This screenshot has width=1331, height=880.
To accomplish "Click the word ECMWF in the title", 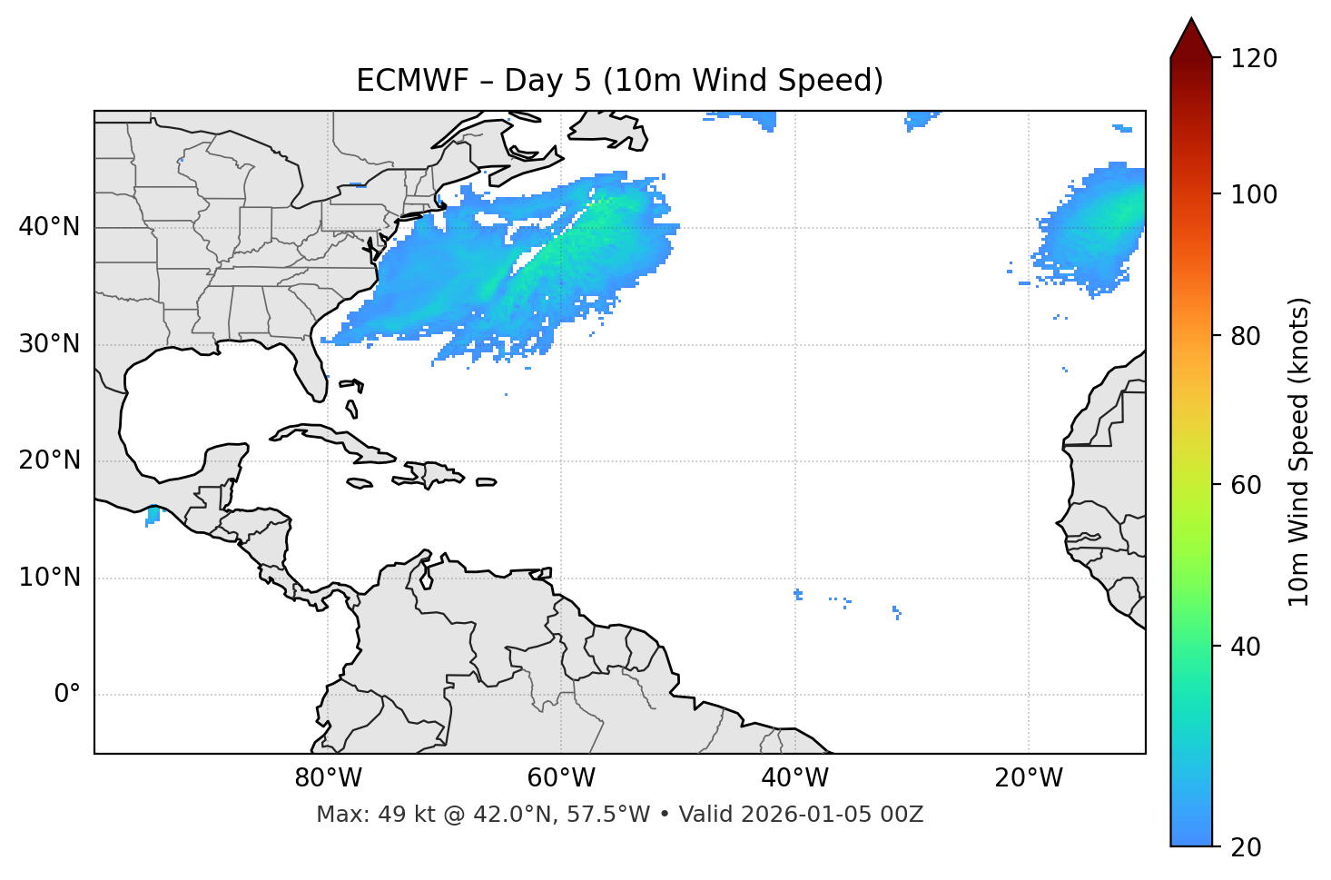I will [x=399, y=81].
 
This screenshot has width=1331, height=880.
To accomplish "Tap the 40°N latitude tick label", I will [x=49, y=227].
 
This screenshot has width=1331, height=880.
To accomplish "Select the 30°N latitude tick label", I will [x=49, y=344].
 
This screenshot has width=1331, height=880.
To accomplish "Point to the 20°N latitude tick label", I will [x=49, y=460].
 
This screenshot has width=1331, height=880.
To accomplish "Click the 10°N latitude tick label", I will [x=49, y=578].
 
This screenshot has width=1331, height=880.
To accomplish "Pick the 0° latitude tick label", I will [x=67, y=694].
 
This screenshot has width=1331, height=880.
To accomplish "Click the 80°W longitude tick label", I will [x=328, y=778].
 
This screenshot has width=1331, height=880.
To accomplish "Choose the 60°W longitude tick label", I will [x=561, y=778].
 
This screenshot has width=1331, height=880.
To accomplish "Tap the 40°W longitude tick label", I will [x=794, y=778].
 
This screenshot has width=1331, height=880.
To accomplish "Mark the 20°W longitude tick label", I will [x=1028, y=778].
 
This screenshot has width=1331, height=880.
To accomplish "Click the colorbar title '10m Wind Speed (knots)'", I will [x=1299, y=451].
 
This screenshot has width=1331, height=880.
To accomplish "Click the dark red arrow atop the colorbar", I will [x=1190, y=39].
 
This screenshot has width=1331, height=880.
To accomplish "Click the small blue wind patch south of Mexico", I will [x=153, y=516].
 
